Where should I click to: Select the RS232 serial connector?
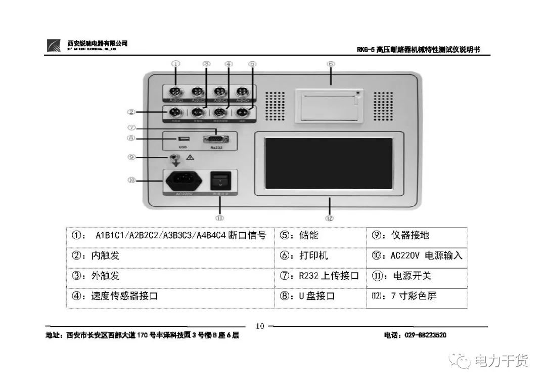(214, 140)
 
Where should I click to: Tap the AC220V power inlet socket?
(183, 180)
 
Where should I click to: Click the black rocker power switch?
(220, 181)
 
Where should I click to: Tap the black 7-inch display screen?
(329, 162)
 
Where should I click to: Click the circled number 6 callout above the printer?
(331, 64)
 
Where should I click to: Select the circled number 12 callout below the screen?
(330, 218)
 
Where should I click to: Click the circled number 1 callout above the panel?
(175, 64)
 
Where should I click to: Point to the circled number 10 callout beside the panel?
(131, 180)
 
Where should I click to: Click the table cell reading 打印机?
(321, 255)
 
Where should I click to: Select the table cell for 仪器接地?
(417, 235)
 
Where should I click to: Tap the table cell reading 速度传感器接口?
(170, 296)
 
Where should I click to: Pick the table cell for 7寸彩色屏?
(417, 296)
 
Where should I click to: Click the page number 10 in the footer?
(260, 326)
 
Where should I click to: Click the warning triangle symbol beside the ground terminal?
(191, 158)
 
